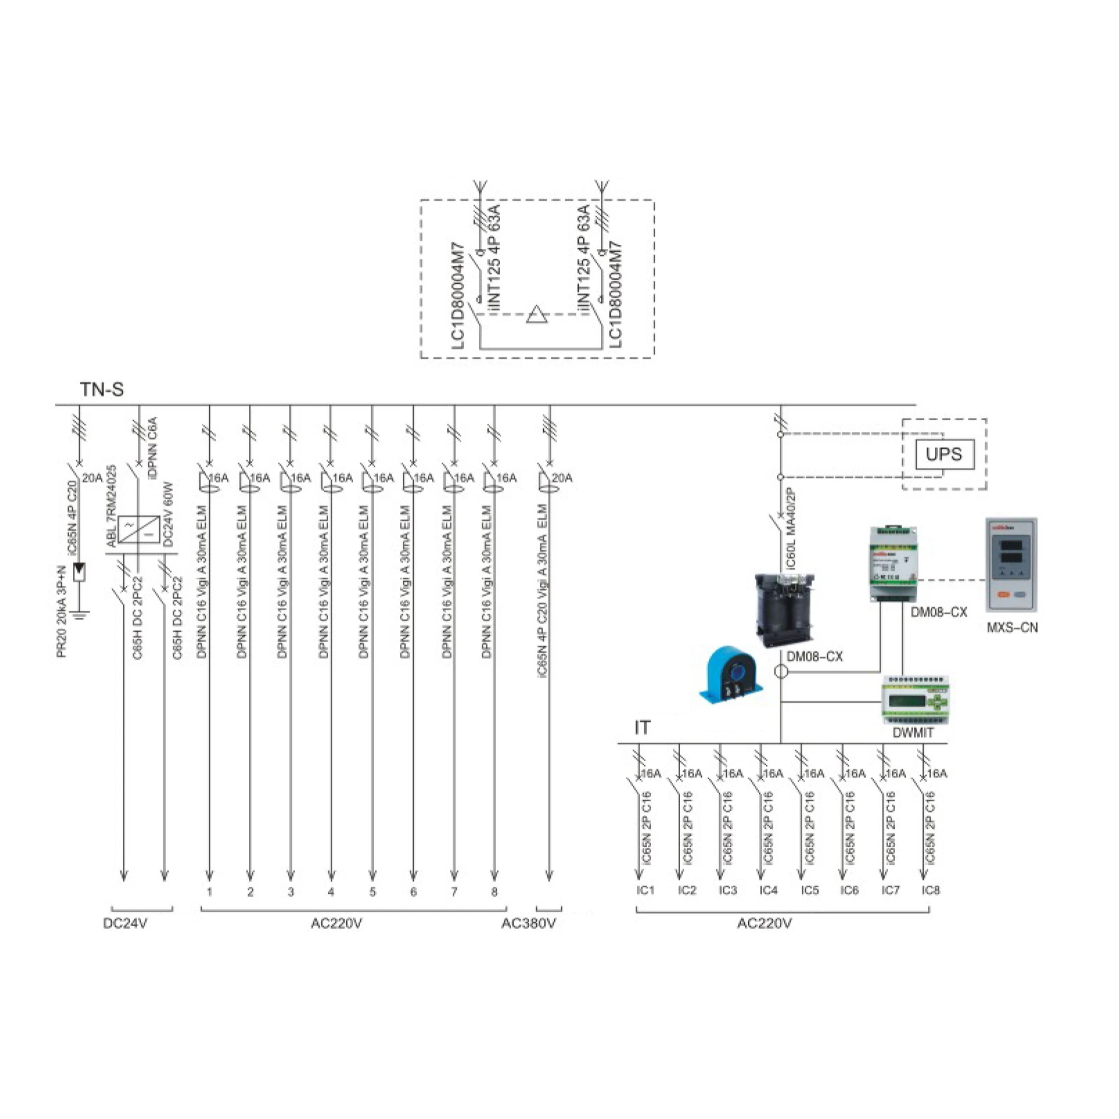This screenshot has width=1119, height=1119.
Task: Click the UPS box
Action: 944,454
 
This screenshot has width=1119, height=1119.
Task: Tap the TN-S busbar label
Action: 102,389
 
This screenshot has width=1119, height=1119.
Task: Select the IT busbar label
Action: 642,728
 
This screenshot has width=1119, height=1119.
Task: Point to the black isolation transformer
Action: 786,610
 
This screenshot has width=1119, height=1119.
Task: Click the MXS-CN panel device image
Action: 1011,565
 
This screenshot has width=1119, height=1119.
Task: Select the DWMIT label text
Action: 913,733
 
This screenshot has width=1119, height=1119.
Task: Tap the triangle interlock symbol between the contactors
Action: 537,315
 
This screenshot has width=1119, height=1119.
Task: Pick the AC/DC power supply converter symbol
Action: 139,530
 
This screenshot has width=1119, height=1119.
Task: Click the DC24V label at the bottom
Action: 125,924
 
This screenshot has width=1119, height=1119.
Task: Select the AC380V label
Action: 529,924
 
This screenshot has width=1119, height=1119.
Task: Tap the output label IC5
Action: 810,890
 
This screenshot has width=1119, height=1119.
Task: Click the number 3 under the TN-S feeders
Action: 291,892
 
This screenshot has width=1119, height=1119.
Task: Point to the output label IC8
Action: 931,890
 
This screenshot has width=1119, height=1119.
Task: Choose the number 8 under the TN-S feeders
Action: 494,892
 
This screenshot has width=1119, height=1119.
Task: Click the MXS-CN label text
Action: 1012,628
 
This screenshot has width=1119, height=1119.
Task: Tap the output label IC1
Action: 646,890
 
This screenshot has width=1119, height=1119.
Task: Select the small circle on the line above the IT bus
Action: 780,672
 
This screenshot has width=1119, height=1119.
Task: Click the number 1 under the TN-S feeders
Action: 209,892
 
